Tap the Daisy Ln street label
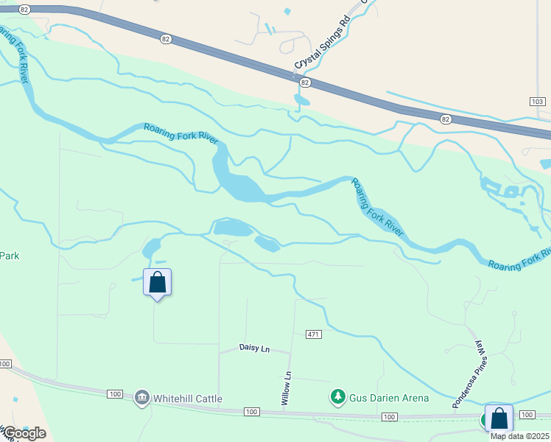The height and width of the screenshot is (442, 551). point(255,348)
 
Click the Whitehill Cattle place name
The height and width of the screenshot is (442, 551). point(188,399)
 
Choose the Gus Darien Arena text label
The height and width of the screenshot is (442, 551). point(390,398)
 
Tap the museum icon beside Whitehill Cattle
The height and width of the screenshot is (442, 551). point(141,398)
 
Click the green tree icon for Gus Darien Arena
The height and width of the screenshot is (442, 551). point(338,397)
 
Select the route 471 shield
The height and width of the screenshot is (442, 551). point(314,334)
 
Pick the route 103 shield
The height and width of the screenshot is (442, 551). point(537,101)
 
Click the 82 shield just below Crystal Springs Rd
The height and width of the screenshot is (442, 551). point(305,83)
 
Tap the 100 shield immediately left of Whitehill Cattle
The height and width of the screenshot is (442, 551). point(114,394)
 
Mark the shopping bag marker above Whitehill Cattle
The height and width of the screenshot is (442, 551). point(157,282)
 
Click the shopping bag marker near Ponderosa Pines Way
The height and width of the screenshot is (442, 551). point(499,418)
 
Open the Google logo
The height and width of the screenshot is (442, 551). point(24,432)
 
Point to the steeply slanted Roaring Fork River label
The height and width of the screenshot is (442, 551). point(376,207)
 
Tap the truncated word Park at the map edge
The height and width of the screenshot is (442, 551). point(9,256)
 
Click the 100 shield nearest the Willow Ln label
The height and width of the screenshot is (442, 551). point(251,412)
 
